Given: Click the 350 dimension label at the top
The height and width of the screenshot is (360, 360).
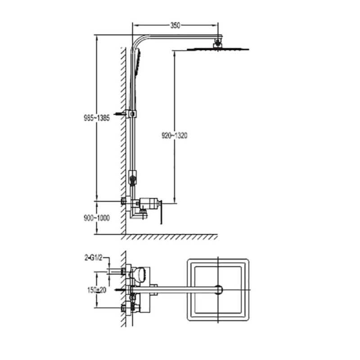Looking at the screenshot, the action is click(175, 25).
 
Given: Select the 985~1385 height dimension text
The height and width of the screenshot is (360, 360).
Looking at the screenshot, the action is click(97, 118).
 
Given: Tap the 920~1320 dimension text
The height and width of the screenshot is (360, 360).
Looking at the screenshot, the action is click(175, 136).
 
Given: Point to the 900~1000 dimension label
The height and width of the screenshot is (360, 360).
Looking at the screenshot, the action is click(97, 218).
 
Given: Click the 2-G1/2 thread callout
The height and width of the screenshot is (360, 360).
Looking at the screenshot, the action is click(93, 258).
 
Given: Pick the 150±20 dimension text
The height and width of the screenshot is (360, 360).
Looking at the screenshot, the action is click(97, 290).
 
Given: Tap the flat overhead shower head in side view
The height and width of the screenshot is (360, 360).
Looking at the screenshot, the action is click(218, 49).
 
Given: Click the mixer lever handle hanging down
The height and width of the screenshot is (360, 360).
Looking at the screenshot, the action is click(161, 212).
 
